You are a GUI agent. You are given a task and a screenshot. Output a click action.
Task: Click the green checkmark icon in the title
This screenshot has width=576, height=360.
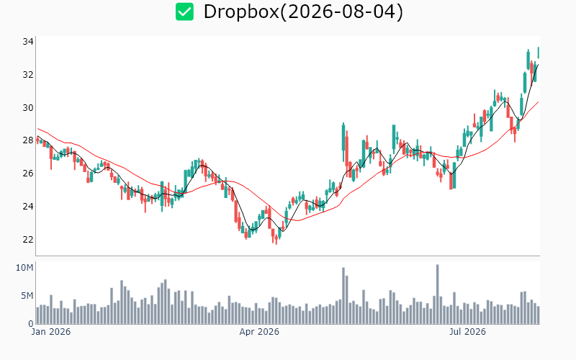click(184, 12)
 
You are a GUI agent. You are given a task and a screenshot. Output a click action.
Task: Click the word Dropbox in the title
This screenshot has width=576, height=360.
click(241, 12)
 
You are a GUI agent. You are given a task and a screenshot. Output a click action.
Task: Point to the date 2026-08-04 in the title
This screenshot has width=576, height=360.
click(341, 12)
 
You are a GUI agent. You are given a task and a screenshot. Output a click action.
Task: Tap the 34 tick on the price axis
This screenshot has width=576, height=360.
click(28, 42)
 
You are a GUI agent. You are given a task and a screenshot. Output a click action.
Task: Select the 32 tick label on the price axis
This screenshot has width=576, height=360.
click(28, 75)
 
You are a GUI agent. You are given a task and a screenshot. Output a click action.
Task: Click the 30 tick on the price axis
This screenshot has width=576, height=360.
click(28, 107)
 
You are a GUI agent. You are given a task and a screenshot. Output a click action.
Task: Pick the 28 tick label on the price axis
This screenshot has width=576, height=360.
click(28, 140)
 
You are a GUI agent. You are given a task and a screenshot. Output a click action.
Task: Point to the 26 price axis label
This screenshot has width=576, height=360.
click(28, 174)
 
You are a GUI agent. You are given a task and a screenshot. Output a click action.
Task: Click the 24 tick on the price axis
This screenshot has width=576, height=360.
click(28, 207)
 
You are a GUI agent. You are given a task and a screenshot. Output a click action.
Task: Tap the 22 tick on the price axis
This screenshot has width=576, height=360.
click(28, 240)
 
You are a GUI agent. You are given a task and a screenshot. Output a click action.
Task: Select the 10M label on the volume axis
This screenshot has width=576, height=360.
click(24, 268)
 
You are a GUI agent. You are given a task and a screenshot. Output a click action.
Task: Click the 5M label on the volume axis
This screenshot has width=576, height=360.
click(27, 296)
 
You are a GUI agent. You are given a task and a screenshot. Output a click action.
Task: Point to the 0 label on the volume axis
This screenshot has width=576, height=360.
click(31, 324)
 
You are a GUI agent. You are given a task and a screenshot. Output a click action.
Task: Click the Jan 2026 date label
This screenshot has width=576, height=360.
click(50, 332)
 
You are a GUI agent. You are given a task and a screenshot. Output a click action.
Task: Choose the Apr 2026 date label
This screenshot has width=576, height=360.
click(259, 332)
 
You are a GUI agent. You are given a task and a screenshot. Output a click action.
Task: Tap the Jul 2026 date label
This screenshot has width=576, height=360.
click(467, 332)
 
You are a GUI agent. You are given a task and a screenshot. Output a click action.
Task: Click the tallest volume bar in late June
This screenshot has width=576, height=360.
click(438, 294)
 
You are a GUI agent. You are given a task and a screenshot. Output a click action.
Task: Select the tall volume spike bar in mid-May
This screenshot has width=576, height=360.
click(343, 296)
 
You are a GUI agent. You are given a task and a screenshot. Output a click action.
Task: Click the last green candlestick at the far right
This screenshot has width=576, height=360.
click(539, 52)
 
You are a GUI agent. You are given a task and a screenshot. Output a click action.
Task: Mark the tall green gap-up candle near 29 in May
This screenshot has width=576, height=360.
click(343, 137)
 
